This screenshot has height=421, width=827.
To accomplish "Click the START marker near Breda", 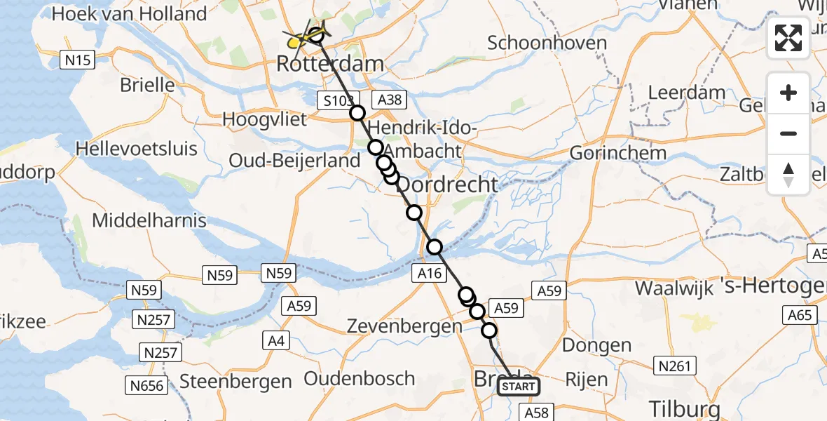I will pos(519,387).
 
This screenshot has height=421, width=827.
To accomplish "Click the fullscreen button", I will pos(788,38).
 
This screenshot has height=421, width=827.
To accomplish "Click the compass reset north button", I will pos(788,175).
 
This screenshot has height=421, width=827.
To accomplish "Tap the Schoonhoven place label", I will pos(547,43).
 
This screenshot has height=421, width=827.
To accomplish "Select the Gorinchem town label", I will pos(617,152).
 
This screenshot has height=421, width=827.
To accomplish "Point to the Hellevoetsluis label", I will pos(136,149).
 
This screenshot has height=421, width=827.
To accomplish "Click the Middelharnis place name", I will pos(149,220).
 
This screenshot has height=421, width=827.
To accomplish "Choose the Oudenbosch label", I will pos(360,379).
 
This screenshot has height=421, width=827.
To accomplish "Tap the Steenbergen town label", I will pos(235,382).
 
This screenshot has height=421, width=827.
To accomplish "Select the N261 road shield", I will pos(674,365).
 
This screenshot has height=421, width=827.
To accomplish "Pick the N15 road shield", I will pos(77,61).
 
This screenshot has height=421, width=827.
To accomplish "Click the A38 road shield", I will pos(390,100).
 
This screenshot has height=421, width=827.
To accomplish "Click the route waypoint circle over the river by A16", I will pos(435,246).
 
